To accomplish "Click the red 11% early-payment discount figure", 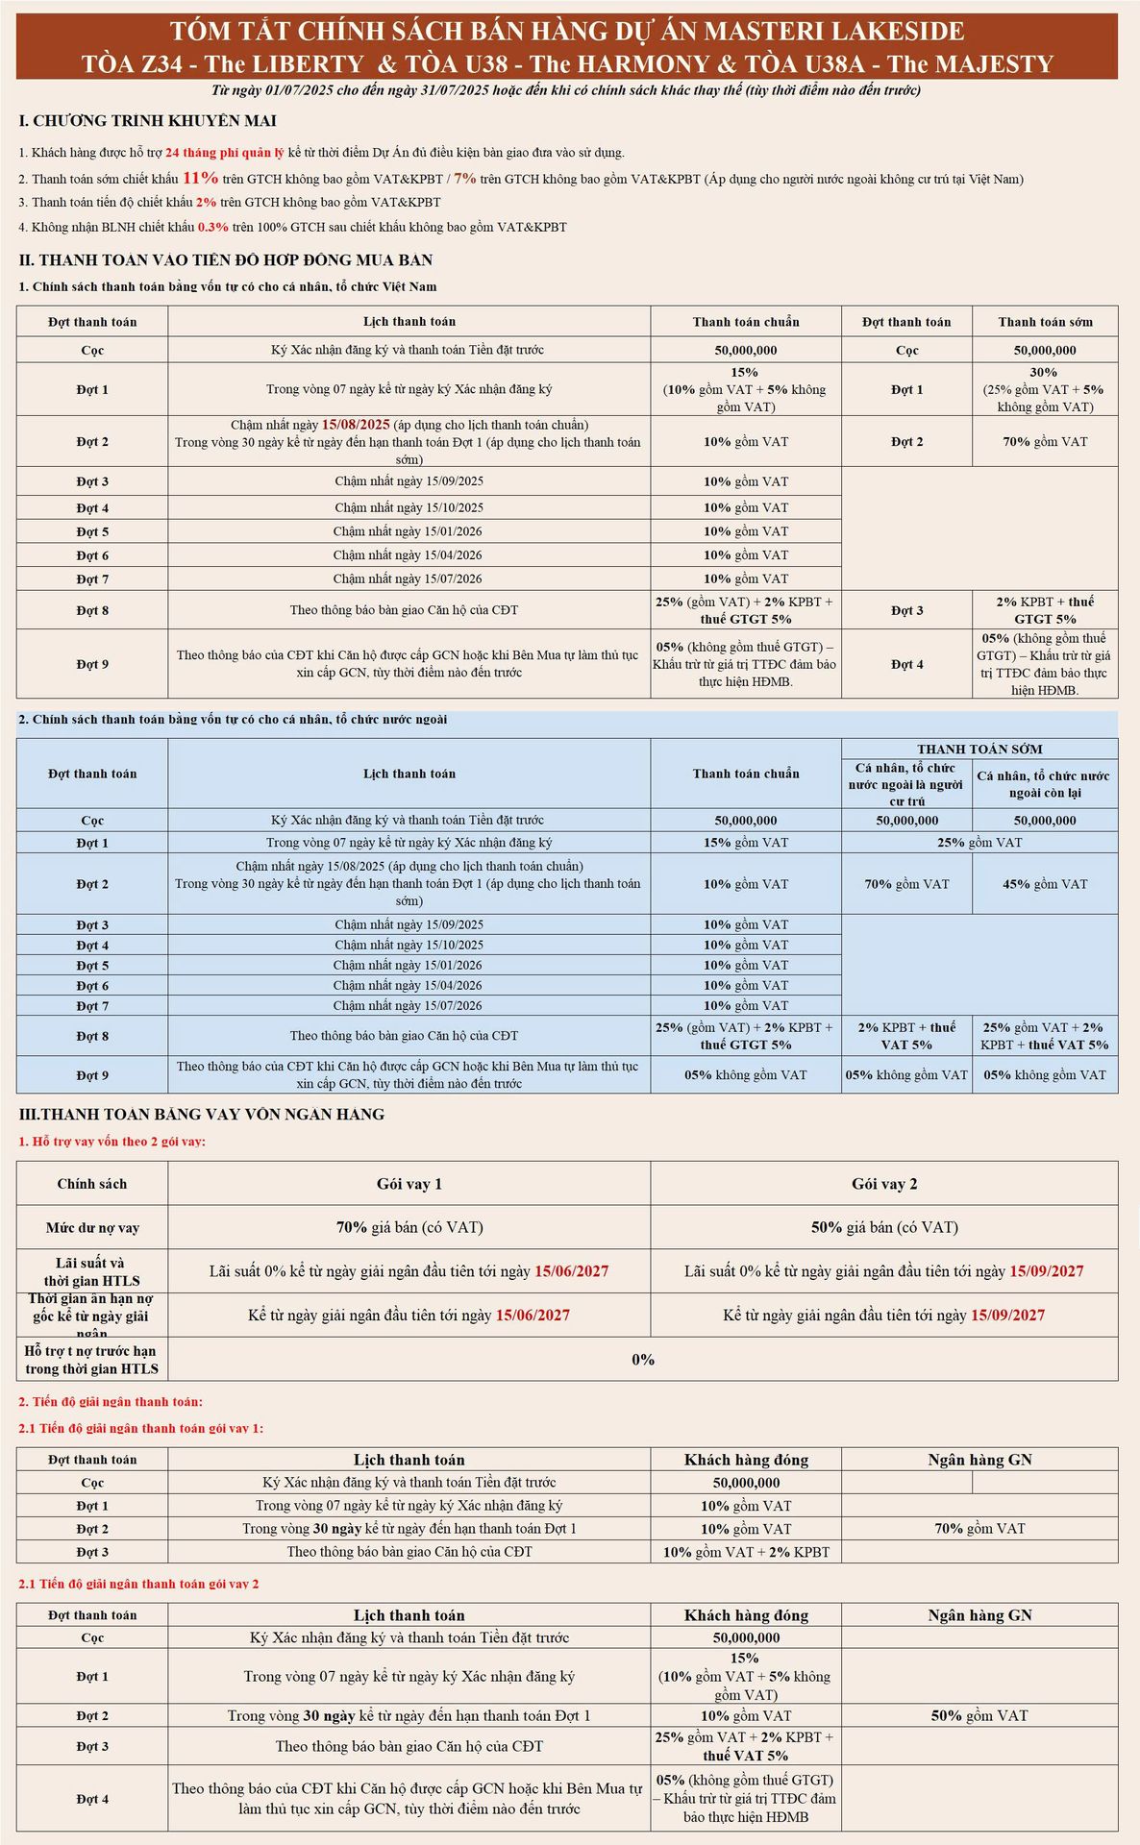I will point(200,178).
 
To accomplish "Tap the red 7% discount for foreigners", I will point(464,178).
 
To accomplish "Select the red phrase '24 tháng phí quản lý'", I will point(224,152).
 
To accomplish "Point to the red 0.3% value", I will point(212,228).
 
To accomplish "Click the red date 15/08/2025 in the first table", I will point(356,425).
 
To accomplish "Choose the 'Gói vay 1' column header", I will point(409,1184).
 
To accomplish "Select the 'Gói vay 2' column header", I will point(883,1184).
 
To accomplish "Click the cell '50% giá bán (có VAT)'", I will point(883,1227).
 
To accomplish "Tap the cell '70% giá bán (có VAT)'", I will point(409,1227).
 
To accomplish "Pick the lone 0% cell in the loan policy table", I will point(642,1360).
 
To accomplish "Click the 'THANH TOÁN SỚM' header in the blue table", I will point(979,750).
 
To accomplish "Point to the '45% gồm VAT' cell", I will point(1044,884).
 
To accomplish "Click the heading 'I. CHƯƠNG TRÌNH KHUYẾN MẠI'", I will point(147,121).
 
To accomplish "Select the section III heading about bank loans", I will point(202,1115).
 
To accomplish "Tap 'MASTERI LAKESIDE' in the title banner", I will point(833,32).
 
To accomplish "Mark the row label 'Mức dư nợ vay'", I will point(92,1228).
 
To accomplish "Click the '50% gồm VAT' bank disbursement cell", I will point(979,1715).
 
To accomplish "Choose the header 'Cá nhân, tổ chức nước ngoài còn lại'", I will point(1044,784).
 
